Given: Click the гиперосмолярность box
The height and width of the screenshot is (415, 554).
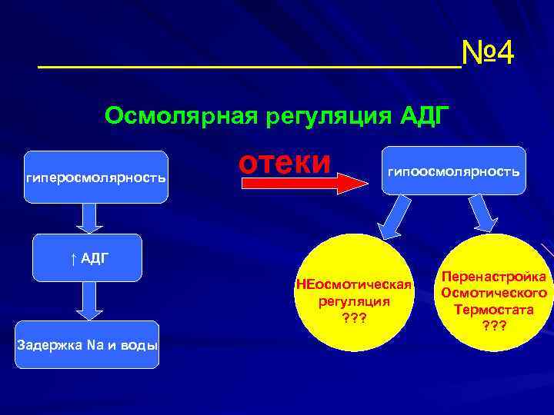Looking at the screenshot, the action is (95, 177).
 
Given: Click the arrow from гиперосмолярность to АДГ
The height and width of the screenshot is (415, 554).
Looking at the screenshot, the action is (90, 217).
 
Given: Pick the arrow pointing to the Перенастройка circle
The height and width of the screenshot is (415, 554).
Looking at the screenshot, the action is (483, 211).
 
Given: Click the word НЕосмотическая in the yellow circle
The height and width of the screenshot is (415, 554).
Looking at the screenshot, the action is (355, 287).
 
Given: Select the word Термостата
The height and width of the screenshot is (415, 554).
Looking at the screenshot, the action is (493, 310).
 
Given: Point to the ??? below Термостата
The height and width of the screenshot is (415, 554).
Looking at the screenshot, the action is (493, 326).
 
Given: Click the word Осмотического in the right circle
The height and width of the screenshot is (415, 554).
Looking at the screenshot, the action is (493, 293).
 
